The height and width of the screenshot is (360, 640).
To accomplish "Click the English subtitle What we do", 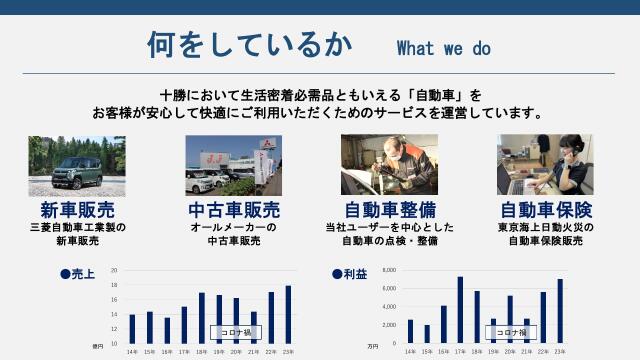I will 444,47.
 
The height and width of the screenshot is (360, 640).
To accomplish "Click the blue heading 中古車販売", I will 234,210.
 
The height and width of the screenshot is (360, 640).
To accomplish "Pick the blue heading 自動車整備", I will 390,210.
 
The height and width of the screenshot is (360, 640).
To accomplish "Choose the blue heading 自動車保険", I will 546,210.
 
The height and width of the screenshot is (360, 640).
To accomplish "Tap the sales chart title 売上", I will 83,272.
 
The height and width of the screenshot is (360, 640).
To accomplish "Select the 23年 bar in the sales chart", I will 288,314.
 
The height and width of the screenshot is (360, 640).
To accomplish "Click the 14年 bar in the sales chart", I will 132,328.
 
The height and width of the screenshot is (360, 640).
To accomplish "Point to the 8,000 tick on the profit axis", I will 389,270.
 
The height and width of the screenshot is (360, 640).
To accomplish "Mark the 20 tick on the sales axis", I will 114,270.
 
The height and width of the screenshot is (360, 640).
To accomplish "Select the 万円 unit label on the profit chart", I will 373,347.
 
